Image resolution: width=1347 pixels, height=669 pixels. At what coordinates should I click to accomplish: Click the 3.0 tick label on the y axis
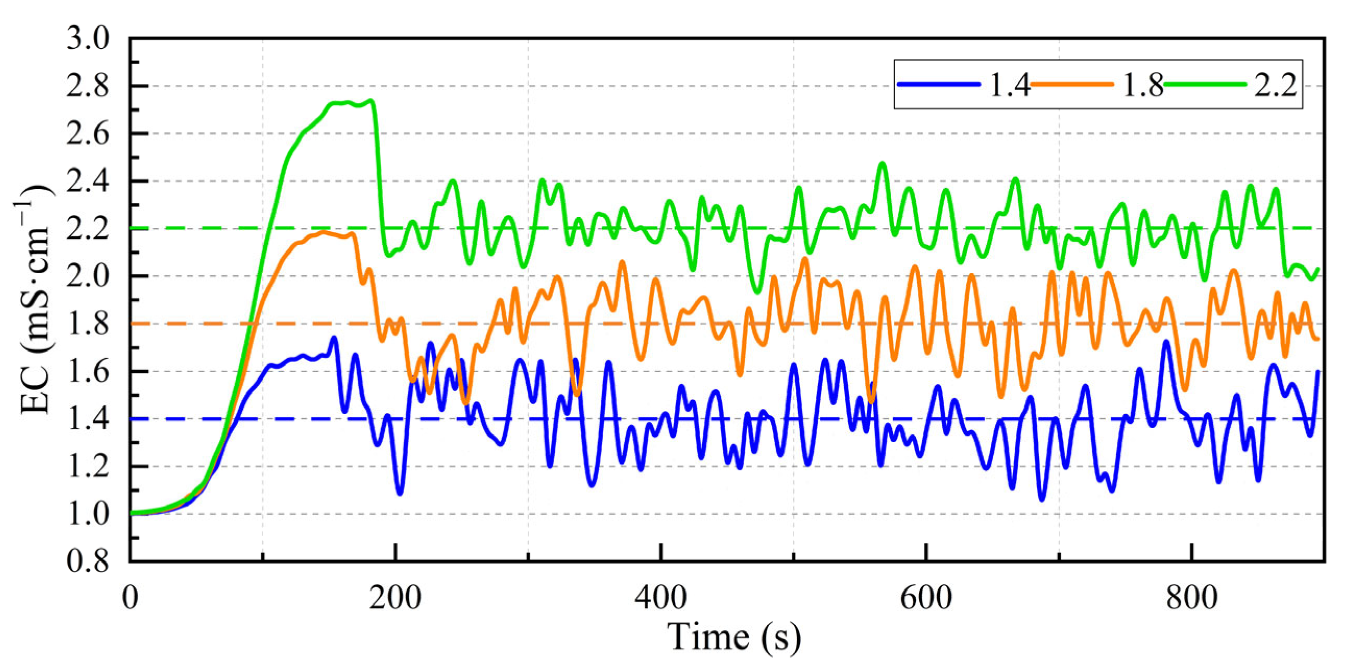click(x=88, y=39)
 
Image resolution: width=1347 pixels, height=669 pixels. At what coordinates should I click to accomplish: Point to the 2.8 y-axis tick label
click(x=88, y=87)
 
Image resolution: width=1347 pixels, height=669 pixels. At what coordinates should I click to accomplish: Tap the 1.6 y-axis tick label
click(x=88, y=371)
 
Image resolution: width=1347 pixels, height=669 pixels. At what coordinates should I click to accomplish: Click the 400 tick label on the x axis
click(x=661, y=598)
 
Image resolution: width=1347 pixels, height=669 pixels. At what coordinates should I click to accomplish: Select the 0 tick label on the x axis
click(x=130, y=598)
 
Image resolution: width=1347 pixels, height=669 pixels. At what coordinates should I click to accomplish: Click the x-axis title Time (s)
click(x=733, y=637)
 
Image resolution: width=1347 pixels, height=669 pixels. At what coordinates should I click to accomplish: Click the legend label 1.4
click(x=1009, y=85)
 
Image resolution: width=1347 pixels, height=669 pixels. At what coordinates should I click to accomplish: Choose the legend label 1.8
click(x=1143, y=85)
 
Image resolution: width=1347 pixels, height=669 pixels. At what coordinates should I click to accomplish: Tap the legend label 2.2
click(x=1276, y=85)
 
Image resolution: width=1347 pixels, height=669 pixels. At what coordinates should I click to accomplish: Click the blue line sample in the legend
click(x=938, y=84)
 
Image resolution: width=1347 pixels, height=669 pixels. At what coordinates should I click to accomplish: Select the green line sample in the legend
click(x=1205, y=84)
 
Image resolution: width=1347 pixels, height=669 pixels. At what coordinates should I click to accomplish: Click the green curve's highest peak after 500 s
click(x=883, y=163)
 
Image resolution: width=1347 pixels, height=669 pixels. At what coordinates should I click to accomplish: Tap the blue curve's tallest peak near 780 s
click(x=1166, y=342)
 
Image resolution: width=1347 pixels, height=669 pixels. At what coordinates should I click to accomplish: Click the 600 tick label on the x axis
click(x=926, y=598)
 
